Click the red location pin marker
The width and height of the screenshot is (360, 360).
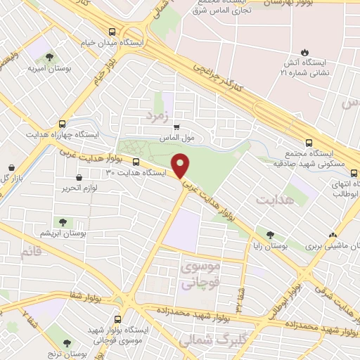182,165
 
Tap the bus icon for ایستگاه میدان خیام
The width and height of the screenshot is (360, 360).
112,31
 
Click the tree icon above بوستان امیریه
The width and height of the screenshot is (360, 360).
47,57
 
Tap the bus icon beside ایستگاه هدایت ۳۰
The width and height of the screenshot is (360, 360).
136,170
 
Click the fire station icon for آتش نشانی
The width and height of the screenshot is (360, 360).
304,51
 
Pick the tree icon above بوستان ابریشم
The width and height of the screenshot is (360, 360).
63,222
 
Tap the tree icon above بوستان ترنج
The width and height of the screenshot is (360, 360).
67,344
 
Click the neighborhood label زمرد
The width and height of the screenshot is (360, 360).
157,114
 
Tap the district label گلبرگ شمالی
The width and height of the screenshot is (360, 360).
204,341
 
